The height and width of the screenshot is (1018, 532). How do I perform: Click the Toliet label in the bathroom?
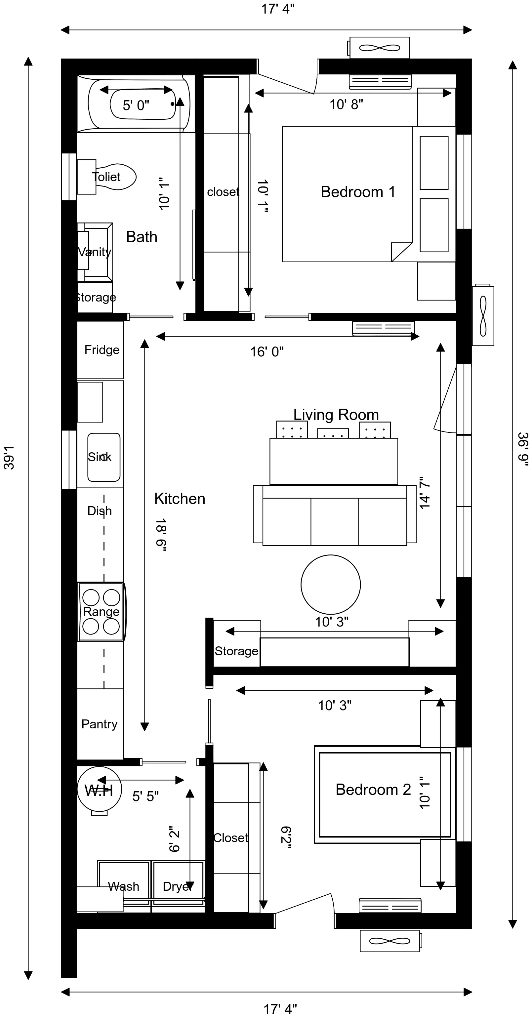[106, 177]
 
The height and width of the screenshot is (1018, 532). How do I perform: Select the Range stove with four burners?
[101, 611]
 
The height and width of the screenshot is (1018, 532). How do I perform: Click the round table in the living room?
[330, 584]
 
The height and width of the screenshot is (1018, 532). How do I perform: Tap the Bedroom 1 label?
[358, 192]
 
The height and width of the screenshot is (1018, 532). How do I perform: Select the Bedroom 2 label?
[373, 789]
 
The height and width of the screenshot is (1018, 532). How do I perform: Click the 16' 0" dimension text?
[267, 351]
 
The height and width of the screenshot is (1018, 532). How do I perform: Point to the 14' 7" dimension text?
[424, 492]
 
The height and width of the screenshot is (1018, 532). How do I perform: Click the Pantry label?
[100, 724]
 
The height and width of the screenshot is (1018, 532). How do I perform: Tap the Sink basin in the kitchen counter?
[103, 457]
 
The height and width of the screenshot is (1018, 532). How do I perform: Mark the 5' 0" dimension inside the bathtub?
[136, 105]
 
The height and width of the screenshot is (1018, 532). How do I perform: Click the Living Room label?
[336, 415]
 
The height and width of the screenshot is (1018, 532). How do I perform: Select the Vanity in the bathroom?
[95, 252]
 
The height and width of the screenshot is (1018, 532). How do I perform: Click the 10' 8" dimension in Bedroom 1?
[346, 104]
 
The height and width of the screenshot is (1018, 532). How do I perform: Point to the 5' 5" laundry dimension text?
[145, 796]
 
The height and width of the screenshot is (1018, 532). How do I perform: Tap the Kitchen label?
[180, 499]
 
